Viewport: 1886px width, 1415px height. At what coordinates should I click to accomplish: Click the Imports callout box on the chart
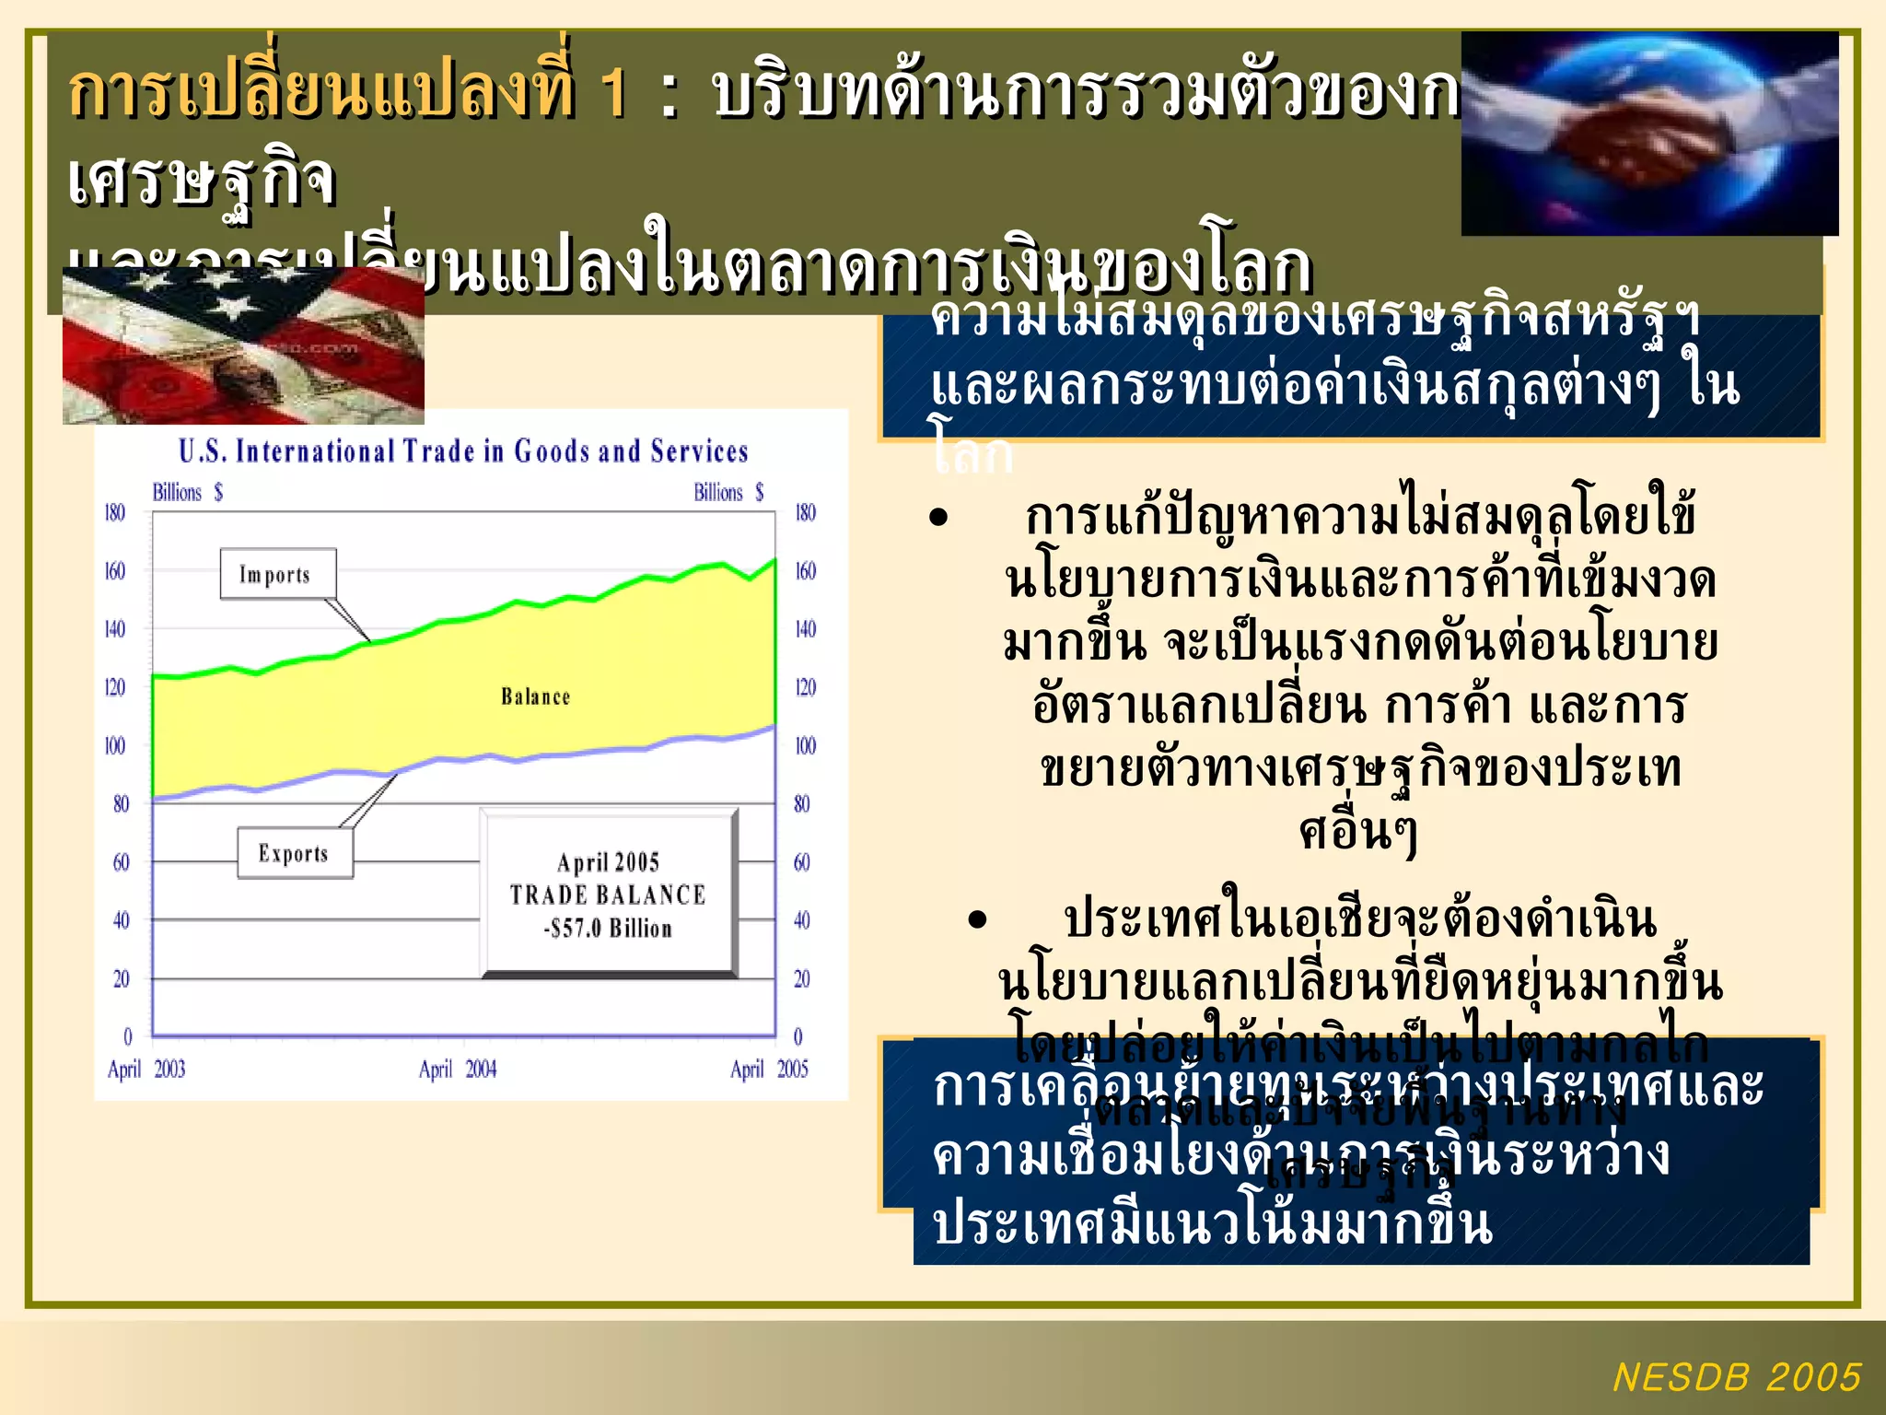pyautogui.click(x=277, y=574)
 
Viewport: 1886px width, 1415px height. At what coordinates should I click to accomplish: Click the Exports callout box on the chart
pyautogui.click(x=295, y=853)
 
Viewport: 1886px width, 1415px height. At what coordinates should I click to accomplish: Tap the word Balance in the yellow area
pyautogui.click(x=535, y=696)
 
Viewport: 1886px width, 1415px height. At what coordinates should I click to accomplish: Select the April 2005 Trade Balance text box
pyautogui.click(x=609, y=894)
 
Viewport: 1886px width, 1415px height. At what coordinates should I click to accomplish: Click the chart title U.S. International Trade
pyautogui.click(x=463, y=451)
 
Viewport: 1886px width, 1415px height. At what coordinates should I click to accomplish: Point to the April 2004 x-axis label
pyautogui.click(x=458, y=1069)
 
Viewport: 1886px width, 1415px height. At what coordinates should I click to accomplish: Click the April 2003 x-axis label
pyautogui.click(x=146, y=1069)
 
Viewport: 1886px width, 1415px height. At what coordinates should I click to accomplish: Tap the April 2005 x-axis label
pyautogui.click(x=769, y=1069)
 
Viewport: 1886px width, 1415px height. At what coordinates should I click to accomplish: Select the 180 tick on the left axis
pyautogui.click(x=114, y=512)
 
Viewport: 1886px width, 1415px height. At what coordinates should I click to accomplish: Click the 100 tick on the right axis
pyautogui.click(x=805, y=745)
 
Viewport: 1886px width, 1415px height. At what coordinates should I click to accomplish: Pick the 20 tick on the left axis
pyautogui.click(x=121, y=978)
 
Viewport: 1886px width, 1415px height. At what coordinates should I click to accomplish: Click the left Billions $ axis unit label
pyautogui.click(x=187, y=492)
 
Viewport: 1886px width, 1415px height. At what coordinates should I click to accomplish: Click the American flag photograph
pyautogui.click(x=243, y=347)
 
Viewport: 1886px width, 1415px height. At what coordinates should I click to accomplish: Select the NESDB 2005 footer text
pyautogui.click(x=1737, y=1377)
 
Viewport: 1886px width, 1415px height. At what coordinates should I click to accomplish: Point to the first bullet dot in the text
pyautogui.click(x=938, y=518)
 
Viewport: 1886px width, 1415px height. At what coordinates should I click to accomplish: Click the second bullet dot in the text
pyautogui.click(x=977, y=919)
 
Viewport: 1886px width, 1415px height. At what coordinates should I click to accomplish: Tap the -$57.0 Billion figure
pyautogui.click(x=608, y=929)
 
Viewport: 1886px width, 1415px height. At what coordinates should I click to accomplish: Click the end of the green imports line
pyautogui.click(x=774, y=559)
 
